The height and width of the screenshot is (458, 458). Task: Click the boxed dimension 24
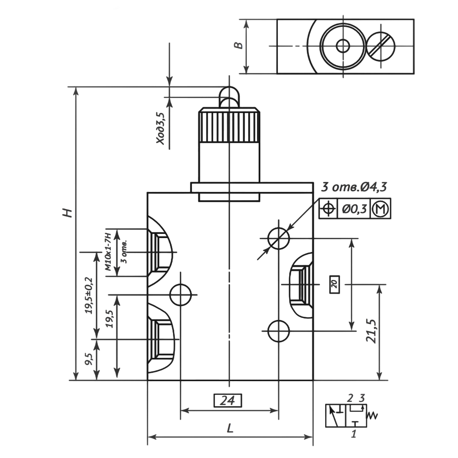[x=227, y=400]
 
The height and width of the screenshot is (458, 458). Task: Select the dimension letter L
[x=230, y=428]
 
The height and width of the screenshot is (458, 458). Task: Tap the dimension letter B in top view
[x=238, y=45]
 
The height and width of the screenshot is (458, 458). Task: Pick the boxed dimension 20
[x=335, y=284]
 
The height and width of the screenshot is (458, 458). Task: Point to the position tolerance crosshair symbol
[x=328, y=209]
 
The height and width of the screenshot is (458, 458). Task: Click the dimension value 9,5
[x=89, y=358]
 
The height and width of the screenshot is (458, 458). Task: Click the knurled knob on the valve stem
[x=229, y=125]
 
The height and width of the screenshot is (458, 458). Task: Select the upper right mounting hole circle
[x=279, y=238]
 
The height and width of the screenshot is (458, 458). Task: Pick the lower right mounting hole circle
[x=279, y=331]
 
